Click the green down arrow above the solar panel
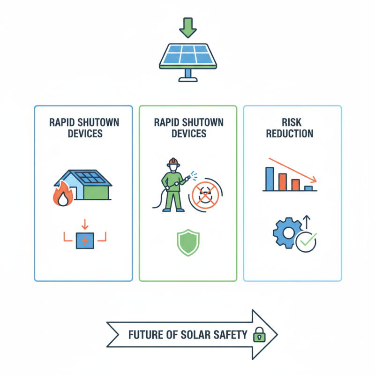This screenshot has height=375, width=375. [188, 27]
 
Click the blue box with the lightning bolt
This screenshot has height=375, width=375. [84, 240]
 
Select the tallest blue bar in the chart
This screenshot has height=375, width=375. [270, 179]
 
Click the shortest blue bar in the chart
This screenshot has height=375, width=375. [308, 188]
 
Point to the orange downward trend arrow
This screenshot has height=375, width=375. [293, 171]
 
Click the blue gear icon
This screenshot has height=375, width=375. [285, 232]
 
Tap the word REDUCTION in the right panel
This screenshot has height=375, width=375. [290, 134]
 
